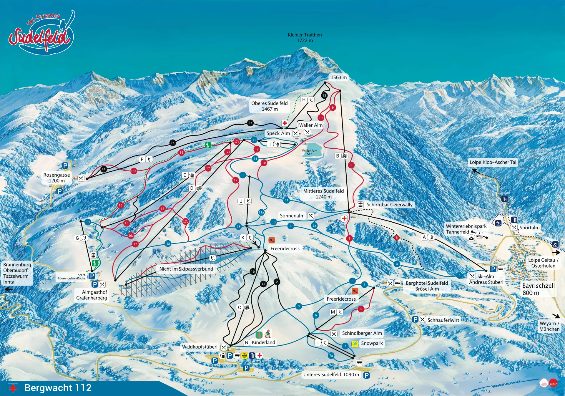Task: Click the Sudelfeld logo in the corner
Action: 41,34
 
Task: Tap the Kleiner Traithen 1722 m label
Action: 305,38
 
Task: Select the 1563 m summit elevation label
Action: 338,77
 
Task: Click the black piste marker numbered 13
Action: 324,95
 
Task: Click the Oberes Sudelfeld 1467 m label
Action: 269,106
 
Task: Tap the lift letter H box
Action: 304,100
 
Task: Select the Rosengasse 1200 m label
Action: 56,178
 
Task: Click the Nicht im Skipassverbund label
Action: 186,269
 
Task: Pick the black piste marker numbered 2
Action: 277,282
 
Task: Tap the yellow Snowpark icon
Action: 355,344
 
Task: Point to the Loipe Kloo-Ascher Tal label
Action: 493,162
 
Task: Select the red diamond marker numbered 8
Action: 396,238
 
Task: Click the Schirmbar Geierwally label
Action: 389,205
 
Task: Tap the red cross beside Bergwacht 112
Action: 13,388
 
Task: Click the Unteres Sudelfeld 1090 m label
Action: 331,375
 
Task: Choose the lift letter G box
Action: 77,238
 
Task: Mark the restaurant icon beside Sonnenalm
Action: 310,216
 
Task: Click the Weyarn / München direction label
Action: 549,326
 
